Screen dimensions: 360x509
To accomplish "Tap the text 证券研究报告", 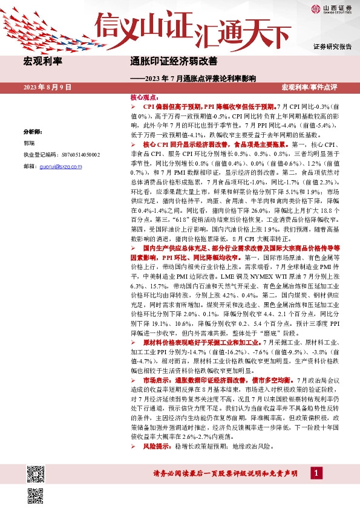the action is pos(332,47).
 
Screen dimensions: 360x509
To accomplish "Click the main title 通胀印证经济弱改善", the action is pos(174,61).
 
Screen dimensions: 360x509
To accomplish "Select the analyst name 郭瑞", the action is pos(29,143).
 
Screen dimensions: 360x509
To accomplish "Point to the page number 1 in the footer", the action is pos(315,473).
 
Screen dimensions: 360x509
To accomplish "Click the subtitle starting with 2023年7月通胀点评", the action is pos(198,79).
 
